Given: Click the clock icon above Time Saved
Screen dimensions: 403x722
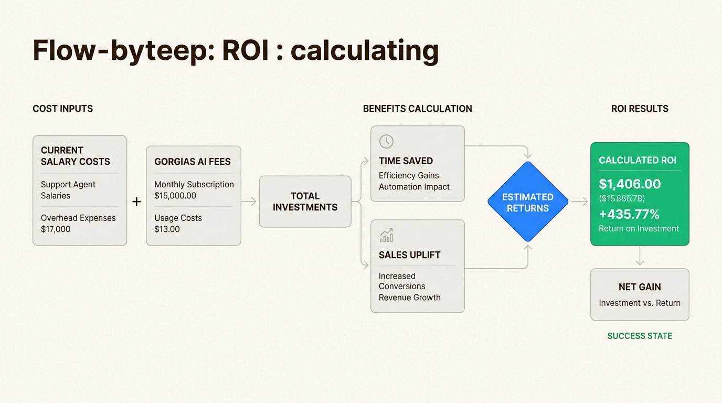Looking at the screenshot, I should (386, 141).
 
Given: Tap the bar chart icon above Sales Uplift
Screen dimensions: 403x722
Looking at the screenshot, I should (386, 236).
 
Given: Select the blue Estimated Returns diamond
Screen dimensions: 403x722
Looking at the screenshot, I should (528, 202).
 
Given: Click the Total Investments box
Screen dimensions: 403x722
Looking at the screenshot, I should (305, 201).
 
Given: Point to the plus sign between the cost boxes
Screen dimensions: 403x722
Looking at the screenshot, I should (136, 201).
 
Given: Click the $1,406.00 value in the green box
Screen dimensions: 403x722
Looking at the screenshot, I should (630, 184).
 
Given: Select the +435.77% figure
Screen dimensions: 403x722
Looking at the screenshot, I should (629, 214).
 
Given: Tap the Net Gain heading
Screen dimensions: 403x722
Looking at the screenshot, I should (640, 287).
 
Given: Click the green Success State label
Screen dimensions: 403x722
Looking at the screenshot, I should (640, 336).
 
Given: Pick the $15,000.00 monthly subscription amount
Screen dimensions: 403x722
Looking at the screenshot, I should (175, 196).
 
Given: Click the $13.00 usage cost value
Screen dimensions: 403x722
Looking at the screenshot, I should (167, 229).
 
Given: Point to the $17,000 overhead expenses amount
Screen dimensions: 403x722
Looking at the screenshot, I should (56, 229).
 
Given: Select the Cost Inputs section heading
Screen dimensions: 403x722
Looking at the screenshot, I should (62, 109).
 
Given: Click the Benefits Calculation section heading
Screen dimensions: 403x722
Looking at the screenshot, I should (418, 109).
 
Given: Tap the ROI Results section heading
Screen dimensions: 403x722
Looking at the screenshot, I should (640, 109).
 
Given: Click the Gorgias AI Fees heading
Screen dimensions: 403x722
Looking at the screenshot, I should (193, 162).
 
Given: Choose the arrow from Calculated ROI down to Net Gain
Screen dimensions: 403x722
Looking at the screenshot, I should (640, 257).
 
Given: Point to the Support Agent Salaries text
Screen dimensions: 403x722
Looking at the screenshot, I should (68, 190).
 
